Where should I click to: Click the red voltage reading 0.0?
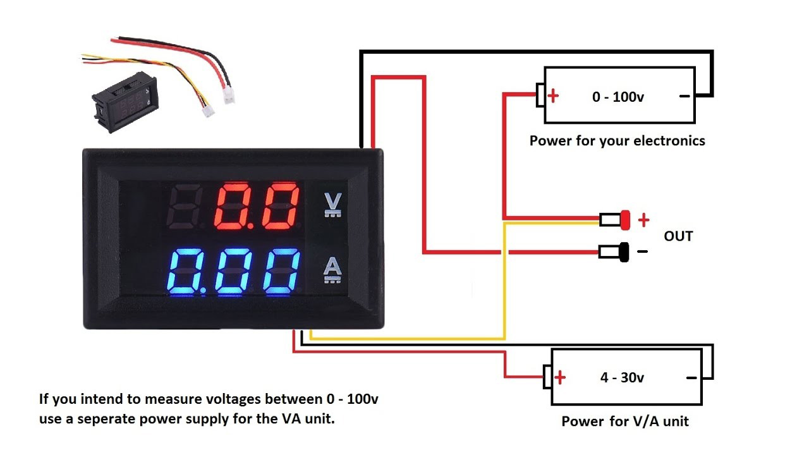pos(256,207)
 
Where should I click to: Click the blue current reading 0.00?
pos(234,272)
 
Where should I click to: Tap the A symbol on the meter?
pos(332,270)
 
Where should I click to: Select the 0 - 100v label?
pos(618,97)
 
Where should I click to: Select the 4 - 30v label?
pos(622,378)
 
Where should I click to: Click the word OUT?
pos(678,236)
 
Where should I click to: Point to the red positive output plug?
pos(626,219)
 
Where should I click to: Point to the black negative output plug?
pos(624,252)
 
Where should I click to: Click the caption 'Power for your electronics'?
pos(617,141)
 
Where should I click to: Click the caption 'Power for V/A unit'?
pos(624,422)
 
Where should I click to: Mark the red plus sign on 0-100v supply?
pos(554,97)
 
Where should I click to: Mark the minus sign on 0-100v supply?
pos(684,97)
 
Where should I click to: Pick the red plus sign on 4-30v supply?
pos(560,378)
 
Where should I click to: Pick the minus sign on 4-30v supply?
pos(691,378)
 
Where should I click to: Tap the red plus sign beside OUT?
pos(643,220)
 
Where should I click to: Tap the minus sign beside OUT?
pos(642,252)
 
